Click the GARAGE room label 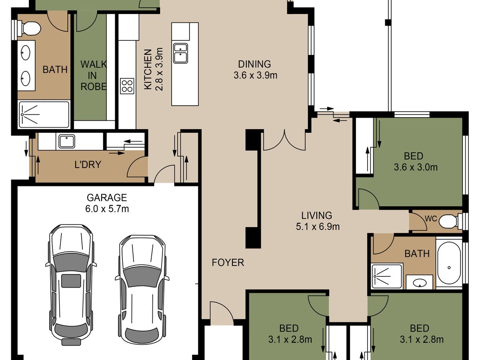point(107,198)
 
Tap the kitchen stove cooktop point(127,86)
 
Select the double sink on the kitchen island point(180,53)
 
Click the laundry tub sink point(67,141)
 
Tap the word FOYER point(228,262)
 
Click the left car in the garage point(71,284)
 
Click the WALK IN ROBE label point(93,76)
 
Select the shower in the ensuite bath point(44,114)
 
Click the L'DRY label point(88,164)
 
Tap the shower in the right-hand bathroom point(387,276)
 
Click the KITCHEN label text point(148,70)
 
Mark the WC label point(431,219)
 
